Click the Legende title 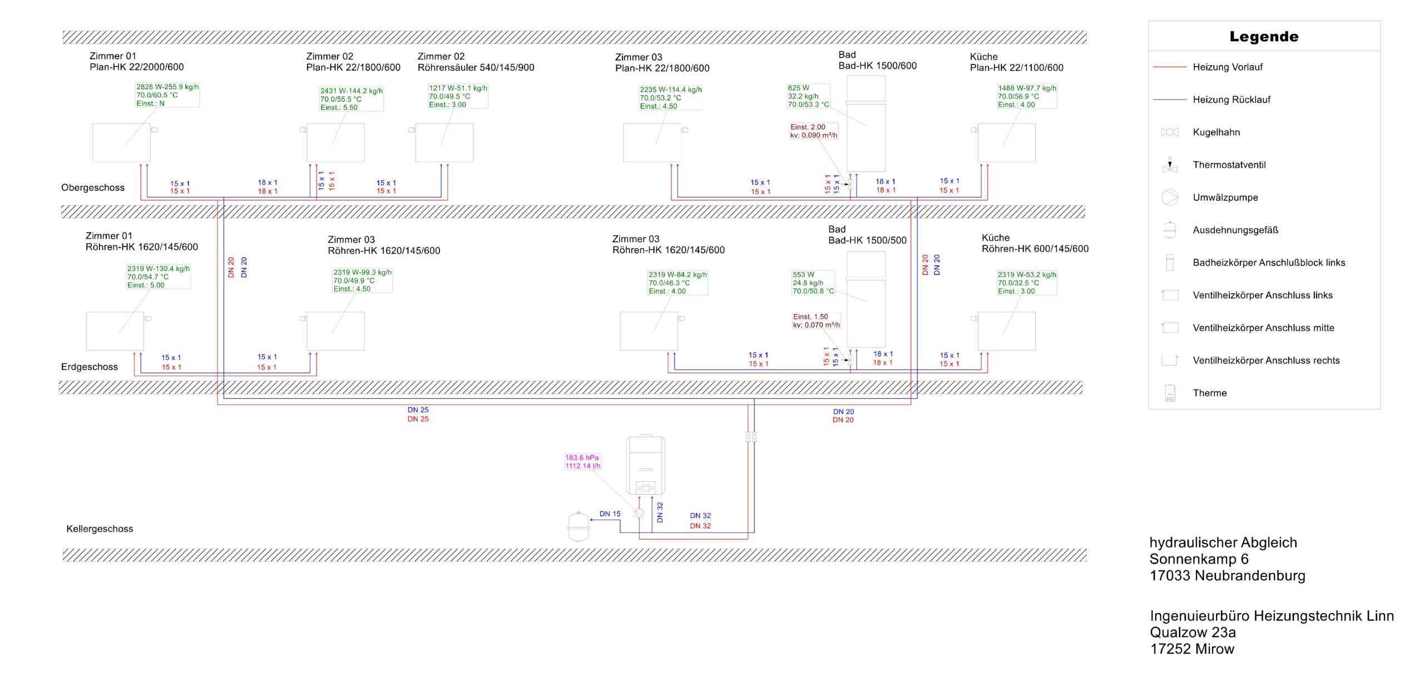click(1263, 37)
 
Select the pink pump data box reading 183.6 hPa click(582, 462)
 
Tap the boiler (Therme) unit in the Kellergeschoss click(645, 465)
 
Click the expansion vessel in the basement click(578, 526)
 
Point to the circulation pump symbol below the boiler click(639, 514)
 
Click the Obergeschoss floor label click(93, 187)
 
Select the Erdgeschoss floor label click(90, 367)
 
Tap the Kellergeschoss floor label click(100, 529)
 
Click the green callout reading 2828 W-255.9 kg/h click(167, 95)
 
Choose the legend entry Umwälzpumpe click(1225, 198)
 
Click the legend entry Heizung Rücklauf click(1232, 100)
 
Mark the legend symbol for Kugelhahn click(1170, 132)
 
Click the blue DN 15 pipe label click(610, 514)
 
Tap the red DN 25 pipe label click(418, 419)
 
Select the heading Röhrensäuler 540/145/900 click(476, 67)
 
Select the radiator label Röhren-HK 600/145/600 click(1035, 249)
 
